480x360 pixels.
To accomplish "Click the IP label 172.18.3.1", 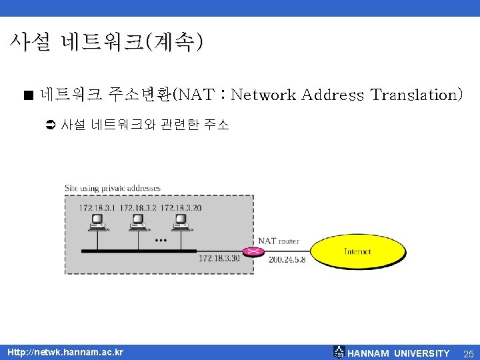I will pyautogui.click(x=97, y=208).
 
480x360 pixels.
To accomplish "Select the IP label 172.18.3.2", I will pyautogui.click(x=137, y=208).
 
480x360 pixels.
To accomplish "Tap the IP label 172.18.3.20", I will pyautogui.click(x=181, y=208).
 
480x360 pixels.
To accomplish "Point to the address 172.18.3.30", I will pyautogui.click(x=219, y=259).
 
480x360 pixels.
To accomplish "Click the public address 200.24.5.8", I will pyautogui.click(x=287, y=259).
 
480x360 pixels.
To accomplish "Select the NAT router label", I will pyautogui.click(x=279, y=241).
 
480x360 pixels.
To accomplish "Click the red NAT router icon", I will pyautogui.click(x=253, y=251).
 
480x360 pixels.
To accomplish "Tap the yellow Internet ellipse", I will pyautogui.click(x=359, y=251).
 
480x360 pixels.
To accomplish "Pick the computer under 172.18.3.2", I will pyautogui.click(x=138, y=222).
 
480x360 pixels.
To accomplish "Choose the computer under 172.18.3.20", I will pyautogui.click(x=181, y=222).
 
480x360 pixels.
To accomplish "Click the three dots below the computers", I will pyautogui.click(x=160, y=240).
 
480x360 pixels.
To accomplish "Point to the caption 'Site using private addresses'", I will pyautogui.click(x=112, y=189).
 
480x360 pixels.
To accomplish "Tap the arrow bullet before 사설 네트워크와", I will pyautogui.click(x=51, y=125).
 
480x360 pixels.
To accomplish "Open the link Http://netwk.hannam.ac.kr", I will pyautogui.click(x=65, y=352).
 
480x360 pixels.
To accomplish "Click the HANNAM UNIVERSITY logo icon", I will pyautogui.click(x=339, y=352).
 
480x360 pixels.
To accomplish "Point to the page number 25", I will pyautogui.click(x=468, y=353).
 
